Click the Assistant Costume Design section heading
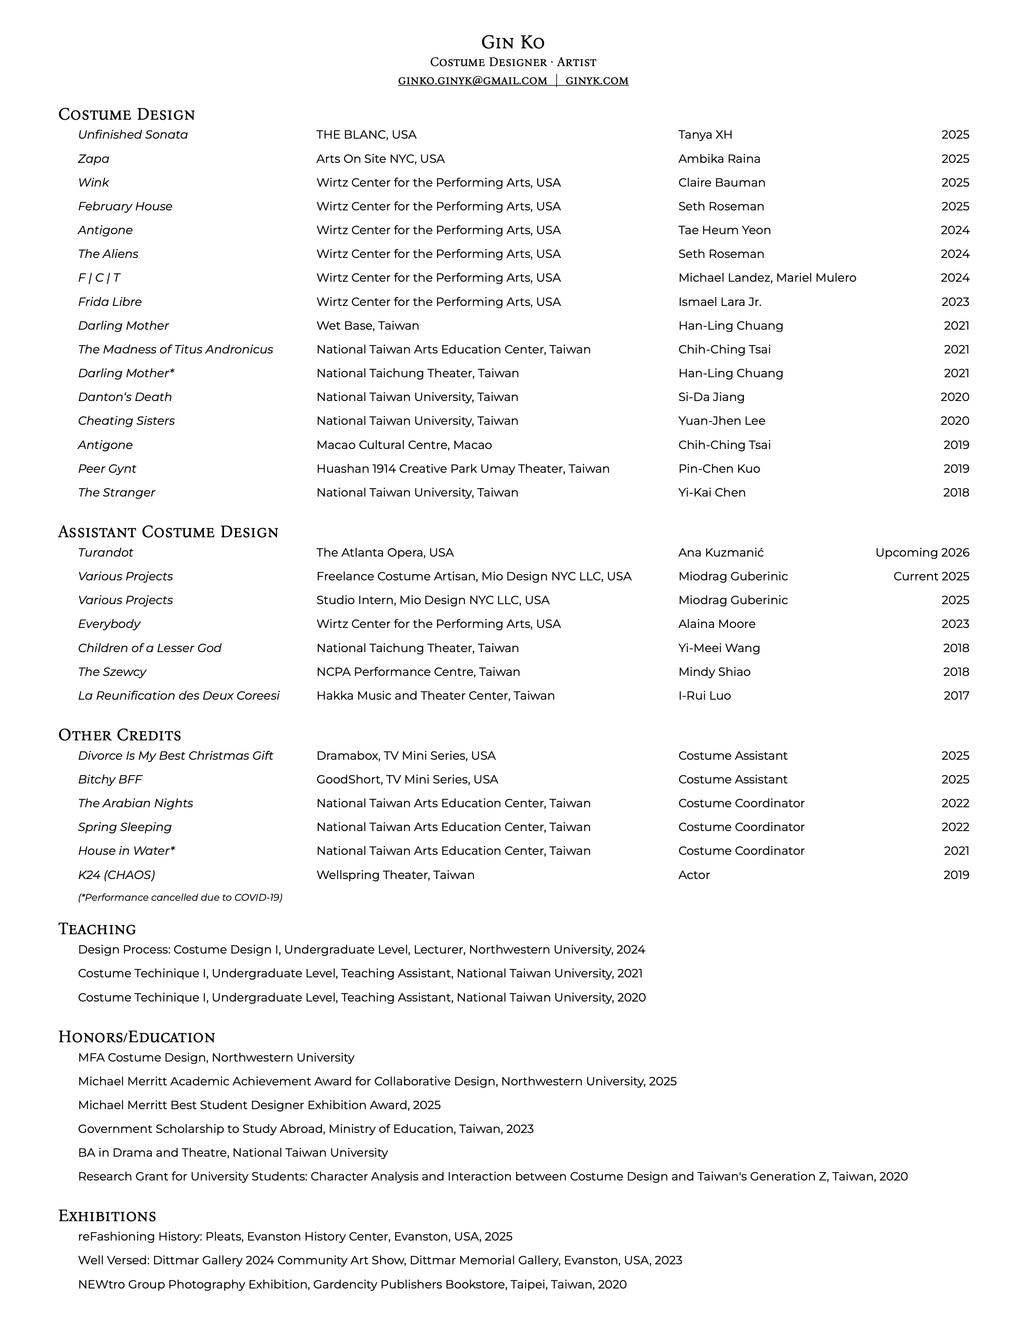[x=168, y=532]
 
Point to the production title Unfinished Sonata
[x=133, y=135]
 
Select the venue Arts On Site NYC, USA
[x=381, y=159]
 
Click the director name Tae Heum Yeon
[x=724, y=230]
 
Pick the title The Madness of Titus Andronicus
[x=175, y=349]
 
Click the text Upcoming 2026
[x=922, y=552]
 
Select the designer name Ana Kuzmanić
[x=720, y=552]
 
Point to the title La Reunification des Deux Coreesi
[x=179, y=696]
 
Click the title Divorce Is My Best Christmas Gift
[x=175, y=756]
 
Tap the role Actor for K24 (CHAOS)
[x=694, y=875]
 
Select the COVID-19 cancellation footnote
[x=180, y=897]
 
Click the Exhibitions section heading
[x=107, y=1216]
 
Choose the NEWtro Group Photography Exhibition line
[x=352, y=1284]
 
